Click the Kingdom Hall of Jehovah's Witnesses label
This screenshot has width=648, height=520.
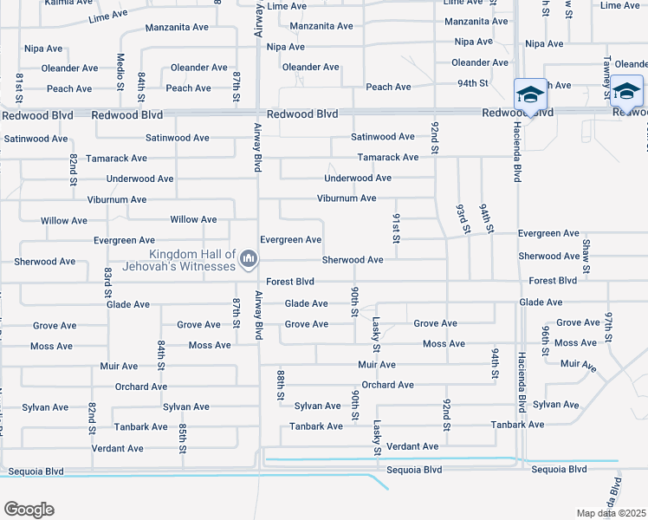click(192, 260)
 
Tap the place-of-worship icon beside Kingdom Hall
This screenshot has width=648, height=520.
click(249, 259)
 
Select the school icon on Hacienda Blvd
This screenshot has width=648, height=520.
click(529, 94)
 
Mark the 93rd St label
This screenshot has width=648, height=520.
click(463, 219)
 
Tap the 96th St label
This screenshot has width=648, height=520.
click(546, 341)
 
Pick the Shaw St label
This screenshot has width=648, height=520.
click(586, 256)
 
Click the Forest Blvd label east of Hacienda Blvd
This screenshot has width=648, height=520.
click(553, 281)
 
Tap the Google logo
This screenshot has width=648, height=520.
click(28, 510)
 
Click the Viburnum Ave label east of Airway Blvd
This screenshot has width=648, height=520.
click(347, 198)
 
